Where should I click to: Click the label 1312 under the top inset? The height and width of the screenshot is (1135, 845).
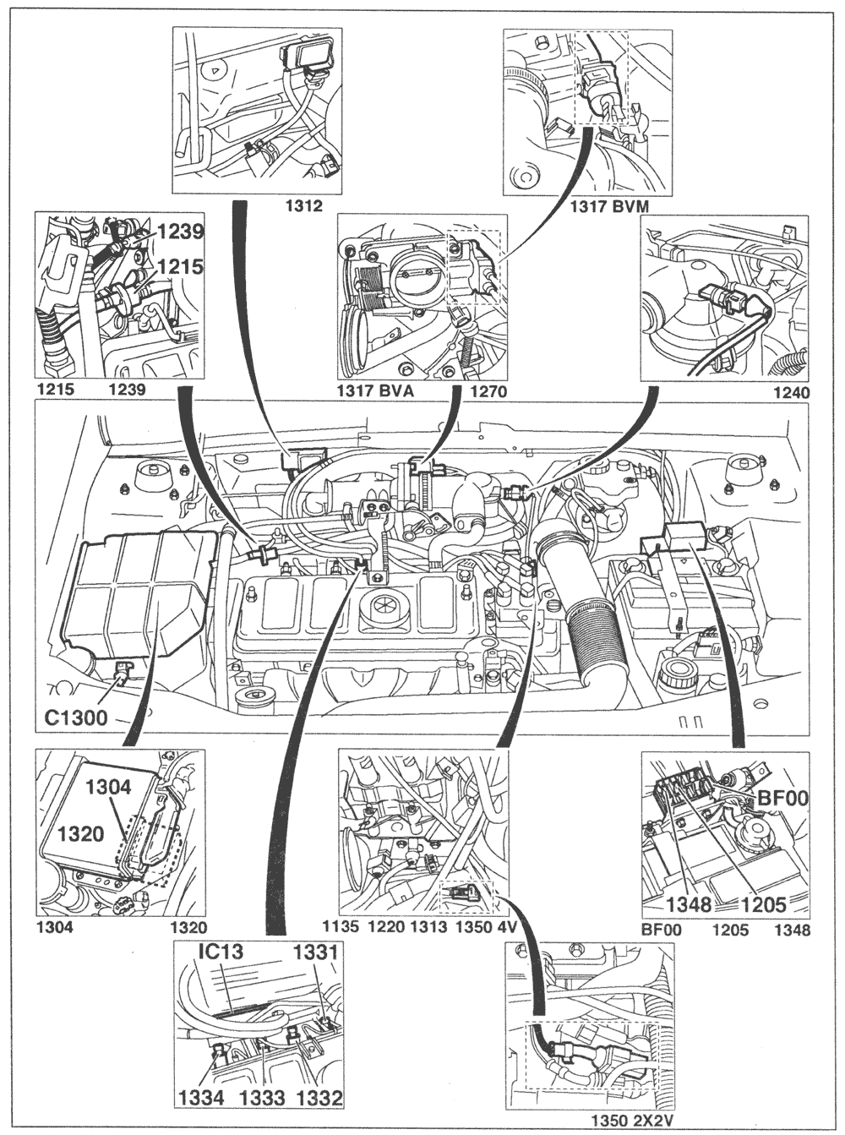point(305,205)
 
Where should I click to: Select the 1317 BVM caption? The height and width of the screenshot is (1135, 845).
point(609,206)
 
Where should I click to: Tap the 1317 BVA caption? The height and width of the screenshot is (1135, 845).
point(375,391)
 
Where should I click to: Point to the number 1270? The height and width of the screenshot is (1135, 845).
point(488,391)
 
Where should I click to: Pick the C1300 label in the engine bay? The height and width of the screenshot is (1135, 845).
point(75,718)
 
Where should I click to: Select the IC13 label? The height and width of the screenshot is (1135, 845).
point(221,952)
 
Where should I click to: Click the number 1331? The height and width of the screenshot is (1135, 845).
point(316,952)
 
